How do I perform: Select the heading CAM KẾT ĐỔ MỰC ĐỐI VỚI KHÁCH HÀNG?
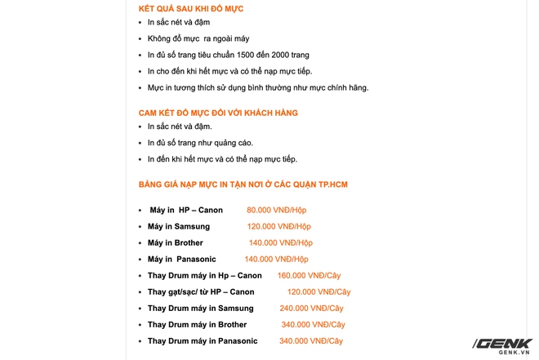[x=218, y=112]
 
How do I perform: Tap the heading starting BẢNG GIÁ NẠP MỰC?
[x=243, y=185]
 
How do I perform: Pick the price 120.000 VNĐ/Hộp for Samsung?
[x=279, y=227]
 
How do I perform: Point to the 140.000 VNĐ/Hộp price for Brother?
[x=281, y=243]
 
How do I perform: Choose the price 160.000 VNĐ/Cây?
[x=314, y=276]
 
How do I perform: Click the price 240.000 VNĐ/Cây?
[x=311, y=309]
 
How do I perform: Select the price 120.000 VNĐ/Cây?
[x=318, y=292]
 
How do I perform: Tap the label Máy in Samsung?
[x=179, y=227]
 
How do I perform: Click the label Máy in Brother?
[x=176, y=243]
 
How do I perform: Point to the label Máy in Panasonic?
[x=181, y=260]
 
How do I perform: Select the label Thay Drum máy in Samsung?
[x=201, y=309]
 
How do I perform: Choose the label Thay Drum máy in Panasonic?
[x=203, y=341]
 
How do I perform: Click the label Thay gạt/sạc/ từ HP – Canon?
[x=201, y=292]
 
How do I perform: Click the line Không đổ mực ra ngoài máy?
[x=199, y=39]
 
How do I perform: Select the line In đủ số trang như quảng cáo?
[x=201, y=143]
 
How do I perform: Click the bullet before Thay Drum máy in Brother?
[x=140, y=325]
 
